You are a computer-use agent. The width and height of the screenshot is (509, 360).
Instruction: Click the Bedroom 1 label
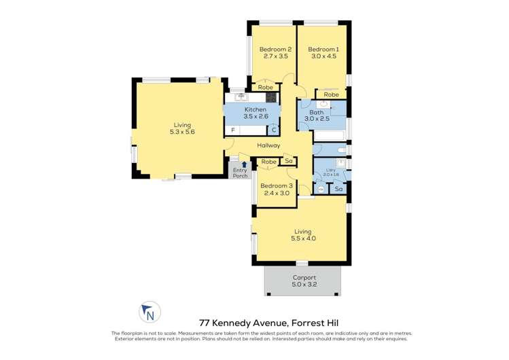coord(323,49)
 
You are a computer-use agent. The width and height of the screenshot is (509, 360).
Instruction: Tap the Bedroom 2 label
coord(275,49)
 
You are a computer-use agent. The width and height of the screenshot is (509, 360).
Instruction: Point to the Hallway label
coord(268,145)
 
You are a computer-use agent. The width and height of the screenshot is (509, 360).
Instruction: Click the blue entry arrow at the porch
coord(244,164)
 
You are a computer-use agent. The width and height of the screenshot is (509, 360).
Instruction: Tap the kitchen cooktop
coord(270,97)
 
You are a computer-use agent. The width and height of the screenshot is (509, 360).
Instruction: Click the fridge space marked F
coord(232,129)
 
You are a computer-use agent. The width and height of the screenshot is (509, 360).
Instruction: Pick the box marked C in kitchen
coord(273,129)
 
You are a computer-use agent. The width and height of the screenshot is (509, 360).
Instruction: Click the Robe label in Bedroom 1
coord(331,94)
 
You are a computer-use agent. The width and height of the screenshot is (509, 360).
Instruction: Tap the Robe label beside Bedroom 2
coord(265,88)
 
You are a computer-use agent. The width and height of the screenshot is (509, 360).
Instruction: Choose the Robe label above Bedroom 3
coord(268,162)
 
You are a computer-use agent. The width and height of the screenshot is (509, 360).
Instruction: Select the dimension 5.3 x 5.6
coord(181,132)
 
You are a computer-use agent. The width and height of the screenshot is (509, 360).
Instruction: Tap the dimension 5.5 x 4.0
coord(303,238)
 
